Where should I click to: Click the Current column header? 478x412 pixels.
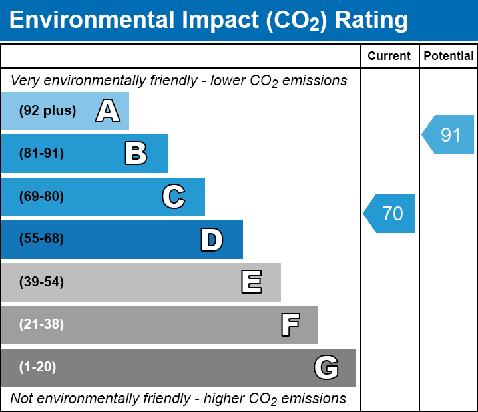coord(389,57)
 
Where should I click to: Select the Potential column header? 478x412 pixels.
coord(449,57)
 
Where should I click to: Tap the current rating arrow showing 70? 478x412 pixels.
coord(391,214)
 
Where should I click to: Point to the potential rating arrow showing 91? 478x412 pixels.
coord(449,135)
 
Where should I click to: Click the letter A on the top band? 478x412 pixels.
coord(107,111)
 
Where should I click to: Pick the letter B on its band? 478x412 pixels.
coord(136,154)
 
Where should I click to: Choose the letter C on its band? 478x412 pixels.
coord(174,196)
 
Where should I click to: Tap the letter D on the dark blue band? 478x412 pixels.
coord(212,240)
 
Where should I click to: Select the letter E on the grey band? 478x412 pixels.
coord(251,282)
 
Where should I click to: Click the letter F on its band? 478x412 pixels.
coord(290,325)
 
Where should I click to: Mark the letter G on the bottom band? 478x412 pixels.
coord(326,367)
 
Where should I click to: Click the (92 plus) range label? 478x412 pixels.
coord(47,111)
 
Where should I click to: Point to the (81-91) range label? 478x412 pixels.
coord(41,154)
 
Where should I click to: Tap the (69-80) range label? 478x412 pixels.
coord(41,196)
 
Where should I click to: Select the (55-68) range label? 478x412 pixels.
coord(41,239)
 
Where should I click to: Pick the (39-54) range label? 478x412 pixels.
coord(41,282)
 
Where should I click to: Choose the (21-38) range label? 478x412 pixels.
coord(41,325)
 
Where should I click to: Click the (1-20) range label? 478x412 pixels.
coord(38,367)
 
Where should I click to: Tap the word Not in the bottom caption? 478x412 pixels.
coord(21,399)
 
